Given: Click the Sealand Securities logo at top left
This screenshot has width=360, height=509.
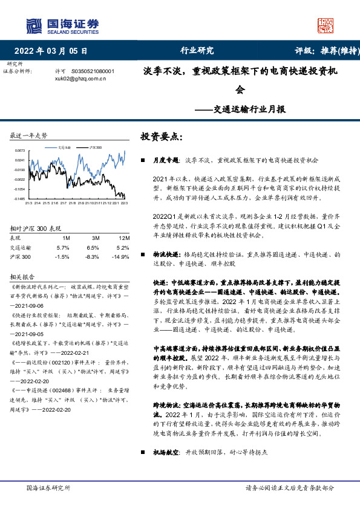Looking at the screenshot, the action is tap(61, 25).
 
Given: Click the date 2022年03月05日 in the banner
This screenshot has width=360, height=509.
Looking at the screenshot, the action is tap(54, 51).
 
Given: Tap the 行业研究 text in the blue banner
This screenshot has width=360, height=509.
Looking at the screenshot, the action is tap(197, 51).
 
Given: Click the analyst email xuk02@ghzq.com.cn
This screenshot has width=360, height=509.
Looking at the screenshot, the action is tap(80, 78).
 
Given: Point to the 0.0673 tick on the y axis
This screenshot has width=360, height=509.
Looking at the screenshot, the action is tap(19, 151).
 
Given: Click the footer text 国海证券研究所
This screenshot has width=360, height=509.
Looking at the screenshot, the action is tap(48, 487).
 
